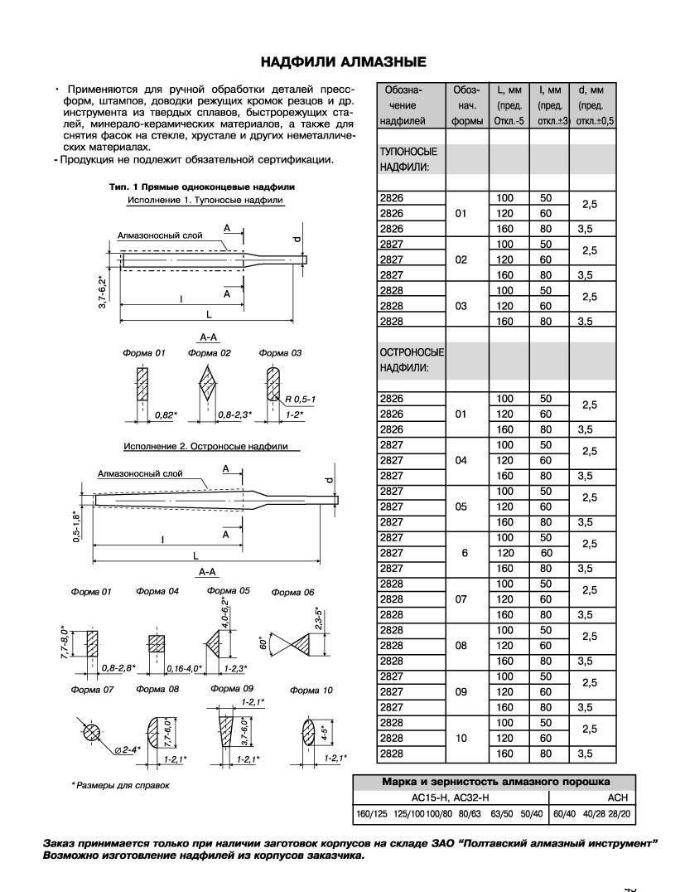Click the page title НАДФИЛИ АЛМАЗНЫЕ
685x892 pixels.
click(x=344, y=61)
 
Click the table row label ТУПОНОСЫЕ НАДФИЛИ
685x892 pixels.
click(x=408, y=159)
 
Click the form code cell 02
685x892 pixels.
click(x=462, y=259)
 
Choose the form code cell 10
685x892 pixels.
click(x=462, y=738)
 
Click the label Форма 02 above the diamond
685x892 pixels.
click(x=209, y=353)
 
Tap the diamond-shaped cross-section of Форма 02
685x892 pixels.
click(x=209, y=387)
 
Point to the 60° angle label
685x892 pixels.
click(x=264, y=642)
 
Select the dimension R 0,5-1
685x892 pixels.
click(x=300, y=400)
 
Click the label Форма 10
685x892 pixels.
click(x=311, y=690)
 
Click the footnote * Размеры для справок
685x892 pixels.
click(x=120, y=784)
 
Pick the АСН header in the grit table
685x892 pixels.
click(x=618, y=797)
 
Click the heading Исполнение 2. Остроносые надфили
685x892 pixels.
click(x=206, y=446)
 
